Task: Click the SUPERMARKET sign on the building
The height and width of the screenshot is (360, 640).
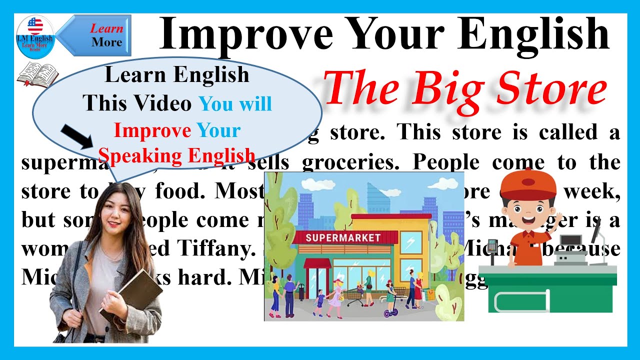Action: coord(343,237)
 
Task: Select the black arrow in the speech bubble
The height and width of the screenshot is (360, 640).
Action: coord(77,136)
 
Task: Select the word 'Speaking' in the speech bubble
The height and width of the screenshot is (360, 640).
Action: coord(134,155)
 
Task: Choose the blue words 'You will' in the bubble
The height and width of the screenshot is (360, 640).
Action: coord(235,103)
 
